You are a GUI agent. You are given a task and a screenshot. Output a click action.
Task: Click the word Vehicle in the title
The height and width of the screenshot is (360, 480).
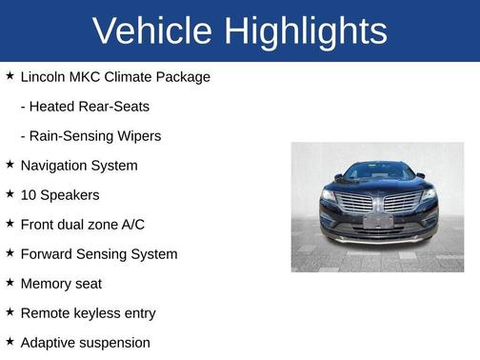[x=152, y=31]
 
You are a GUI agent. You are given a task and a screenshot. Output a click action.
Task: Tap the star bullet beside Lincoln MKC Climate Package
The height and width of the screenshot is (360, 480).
[x=10, y=75]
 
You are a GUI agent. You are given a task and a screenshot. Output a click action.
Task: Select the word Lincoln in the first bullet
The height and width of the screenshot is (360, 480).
[x=44, y=76]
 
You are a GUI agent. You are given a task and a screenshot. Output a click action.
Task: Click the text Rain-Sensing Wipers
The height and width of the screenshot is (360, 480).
[x=90, y=135]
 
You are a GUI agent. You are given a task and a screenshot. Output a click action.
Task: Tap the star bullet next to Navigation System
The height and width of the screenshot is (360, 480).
[x=10, y=164]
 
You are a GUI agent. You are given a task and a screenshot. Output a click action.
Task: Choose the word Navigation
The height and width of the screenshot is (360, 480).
[x=54, y=165]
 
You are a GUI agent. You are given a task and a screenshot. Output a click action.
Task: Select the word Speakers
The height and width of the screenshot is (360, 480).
[x=70, y=194]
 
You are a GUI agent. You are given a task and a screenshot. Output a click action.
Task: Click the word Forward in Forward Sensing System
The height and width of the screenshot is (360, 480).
[x=48, y=253]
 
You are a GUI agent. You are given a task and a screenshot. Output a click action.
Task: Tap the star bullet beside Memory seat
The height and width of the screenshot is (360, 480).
[x=10, y=282]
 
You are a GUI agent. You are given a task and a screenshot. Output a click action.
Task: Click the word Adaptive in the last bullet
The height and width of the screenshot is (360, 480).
[x=49, y=342]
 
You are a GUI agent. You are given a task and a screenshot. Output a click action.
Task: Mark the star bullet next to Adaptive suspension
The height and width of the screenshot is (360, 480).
[x=10, y=341]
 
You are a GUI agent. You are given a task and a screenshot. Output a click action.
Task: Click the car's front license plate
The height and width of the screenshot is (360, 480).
[x=377, y=221]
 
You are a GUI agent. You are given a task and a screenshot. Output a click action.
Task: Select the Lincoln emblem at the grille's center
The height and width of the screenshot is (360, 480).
[x=378, y=201]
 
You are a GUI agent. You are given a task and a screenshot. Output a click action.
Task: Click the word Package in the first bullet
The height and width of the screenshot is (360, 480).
[x=182, y=76]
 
